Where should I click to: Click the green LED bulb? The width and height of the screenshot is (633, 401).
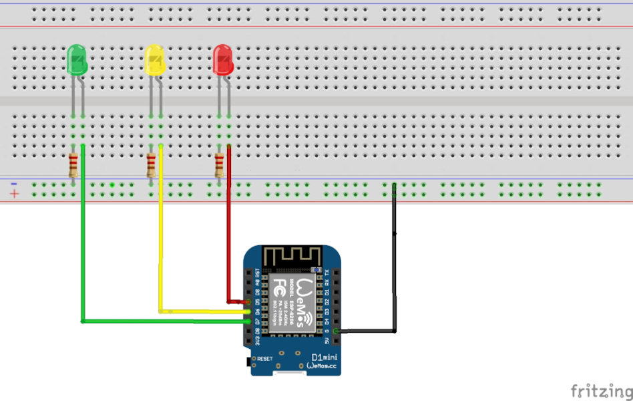77,60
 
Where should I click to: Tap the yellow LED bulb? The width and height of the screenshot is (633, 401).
155,60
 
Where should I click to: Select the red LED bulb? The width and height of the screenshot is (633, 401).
222,60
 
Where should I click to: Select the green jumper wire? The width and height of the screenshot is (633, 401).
83,254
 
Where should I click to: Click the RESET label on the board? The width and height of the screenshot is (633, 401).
265,359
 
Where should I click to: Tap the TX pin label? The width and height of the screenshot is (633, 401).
327,273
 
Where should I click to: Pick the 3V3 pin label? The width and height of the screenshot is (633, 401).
257,341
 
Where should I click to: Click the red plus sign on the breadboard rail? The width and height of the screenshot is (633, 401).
14,194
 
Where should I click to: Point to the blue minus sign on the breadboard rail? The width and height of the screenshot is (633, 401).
14,183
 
